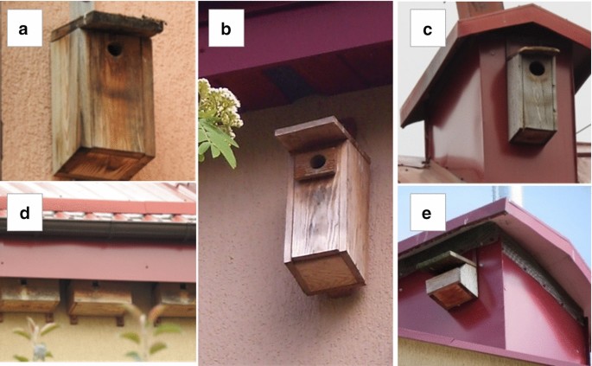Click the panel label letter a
[x=23, y=29]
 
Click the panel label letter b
[x=226, y=29]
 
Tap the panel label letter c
[x=428, y=29]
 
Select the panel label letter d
[x=24, y=213]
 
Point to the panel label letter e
[x=427, y=213]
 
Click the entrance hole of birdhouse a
[x=115, y=49]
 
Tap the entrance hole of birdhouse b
[x=318, y=162]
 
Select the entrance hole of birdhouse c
[x=537, y=68]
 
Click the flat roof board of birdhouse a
[x=108, y=25]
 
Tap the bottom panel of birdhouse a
[x=103, y=164]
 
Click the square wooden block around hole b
[x=315, y=164]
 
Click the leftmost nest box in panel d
[x=29, y=299]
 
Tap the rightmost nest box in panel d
[x=175, y=300]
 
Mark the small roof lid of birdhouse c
[x=533, y=52]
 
